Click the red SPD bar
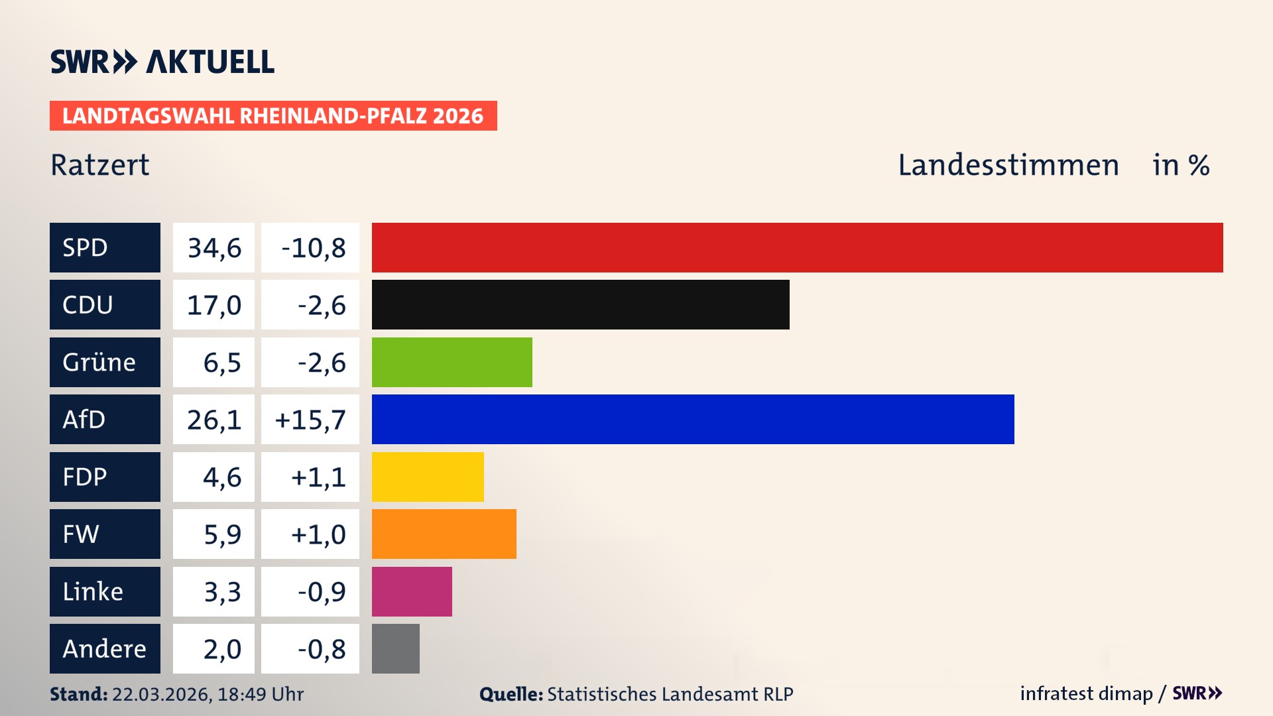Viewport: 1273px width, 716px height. (x=797, y=247)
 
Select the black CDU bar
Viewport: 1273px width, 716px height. (x=580, y=304)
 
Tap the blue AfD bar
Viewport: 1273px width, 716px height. (x=693, y=419)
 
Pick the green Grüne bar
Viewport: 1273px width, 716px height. (x=452, y=362)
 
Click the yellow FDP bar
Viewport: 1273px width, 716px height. (x=428, y=477)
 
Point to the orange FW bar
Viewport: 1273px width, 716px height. (x=444, y=534)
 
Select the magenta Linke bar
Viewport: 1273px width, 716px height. (x=412, y=591)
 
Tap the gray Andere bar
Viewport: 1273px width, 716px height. (x=395, y=648)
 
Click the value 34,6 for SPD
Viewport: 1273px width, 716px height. (x=214, y=248)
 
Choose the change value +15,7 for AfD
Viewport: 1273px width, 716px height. (x=310, y=420)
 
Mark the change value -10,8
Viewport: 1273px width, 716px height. (x=313, y=248)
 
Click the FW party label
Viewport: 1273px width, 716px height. (x=81, y=534)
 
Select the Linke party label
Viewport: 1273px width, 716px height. (x=93, y=591)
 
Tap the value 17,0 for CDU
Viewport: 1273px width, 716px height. (x=214, y=305)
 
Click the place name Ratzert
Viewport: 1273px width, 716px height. (x=100, y=165)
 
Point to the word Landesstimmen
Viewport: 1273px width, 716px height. (x=1008, y=165)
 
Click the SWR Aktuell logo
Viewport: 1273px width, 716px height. (x=162, y=62)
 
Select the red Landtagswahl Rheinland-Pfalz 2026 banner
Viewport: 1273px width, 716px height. (x=273, y=116)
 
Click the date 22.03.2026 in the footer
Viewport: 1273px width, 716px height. (x=161, y=694)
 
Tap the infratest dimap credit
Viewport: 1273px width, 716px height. (x=1086, y=693)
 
